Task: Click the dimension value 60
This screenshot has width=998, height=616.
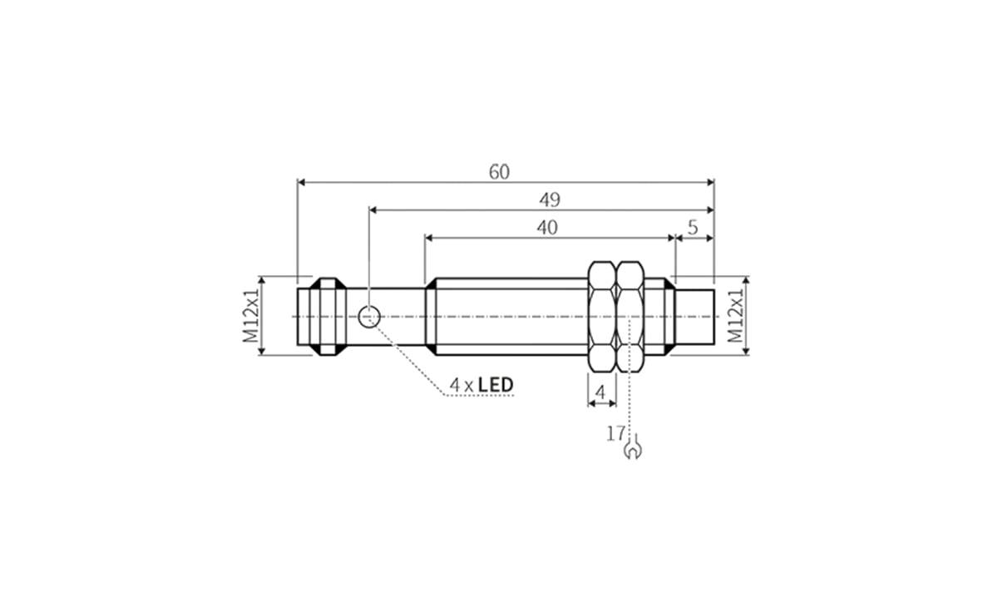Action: coord(499,172)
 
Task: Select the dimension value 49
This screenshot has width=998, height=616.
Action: coord(549,200)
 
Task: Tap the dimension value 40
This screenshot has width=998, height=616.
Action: coord(546,228)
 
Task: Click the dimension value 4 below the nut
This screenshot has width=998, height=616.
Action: coord(601,391)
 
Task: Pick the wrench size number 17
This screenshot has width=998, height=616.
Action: coord(615,433)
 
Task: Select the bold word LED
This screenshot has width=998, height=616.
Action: coord(496,385)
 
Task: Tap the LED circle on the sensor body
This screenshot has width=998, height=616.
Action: coord(369,316)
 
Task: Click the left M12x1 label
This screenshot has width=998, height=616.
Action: coord(250,316)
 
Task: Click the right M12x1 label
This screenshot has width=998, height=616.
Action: coord(735,316)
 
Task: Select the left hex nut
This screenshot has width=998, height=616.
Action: coord(602,316)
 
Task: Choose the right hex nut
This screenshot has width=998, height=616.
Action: coord(630,316)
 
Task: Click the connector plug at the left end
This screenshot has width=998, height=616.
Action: coord(320,316)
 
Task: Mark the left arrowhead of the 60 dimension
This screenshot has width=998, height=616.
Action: coord(303,182)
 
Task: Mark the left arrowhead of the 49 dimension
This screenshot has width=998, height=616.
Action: coord(374,210)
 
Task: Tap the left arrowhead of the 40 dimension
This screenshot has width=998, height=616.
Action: coord(430,238)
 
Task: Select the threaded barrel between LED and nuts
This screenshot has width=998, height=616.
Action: coord(507,316)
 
